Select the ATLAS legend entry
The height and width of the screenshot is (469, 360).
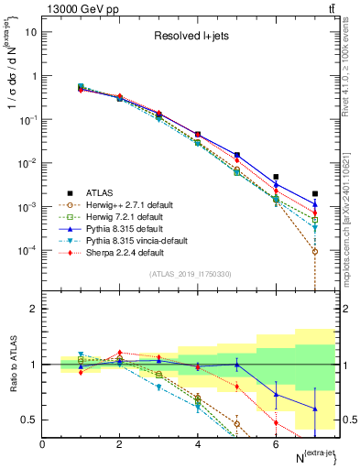pyautogui.click(x=106, y=192)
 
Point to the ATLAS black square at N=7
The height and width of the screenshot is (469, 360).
pyautogui.click(x=315, y=193)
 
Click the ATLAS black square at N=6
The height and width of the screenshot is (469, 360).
pyautogui.click(x=276, y=177)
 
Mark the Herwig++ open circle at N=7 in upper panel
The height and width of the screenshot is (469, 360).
pyautogui.click(x=315, y=251)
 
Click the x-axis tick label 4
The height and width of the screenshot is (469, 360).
pyautogui.click(x=198, y=444)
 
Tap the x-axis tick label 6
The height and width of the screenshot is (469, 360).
pyautogui.click(x=276, y=444)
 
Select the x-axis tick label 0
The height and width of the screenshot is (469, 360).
pyautogui.click(x=42, y=444)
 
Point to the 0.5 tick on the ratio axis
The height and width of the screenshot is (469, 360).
pyautogui.click(x=29, y=420)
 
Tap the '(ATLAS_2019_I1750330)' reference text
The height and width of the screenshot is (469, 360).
pyautogui.click(x=189, y=274)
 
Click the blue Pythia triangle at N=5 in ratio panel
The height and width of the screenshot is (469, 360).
pyautogui.click(x=236, y=365)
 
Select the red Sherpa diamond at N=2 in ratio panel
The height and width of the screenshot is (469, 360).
pyautogui.click(x=119, y=352)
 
